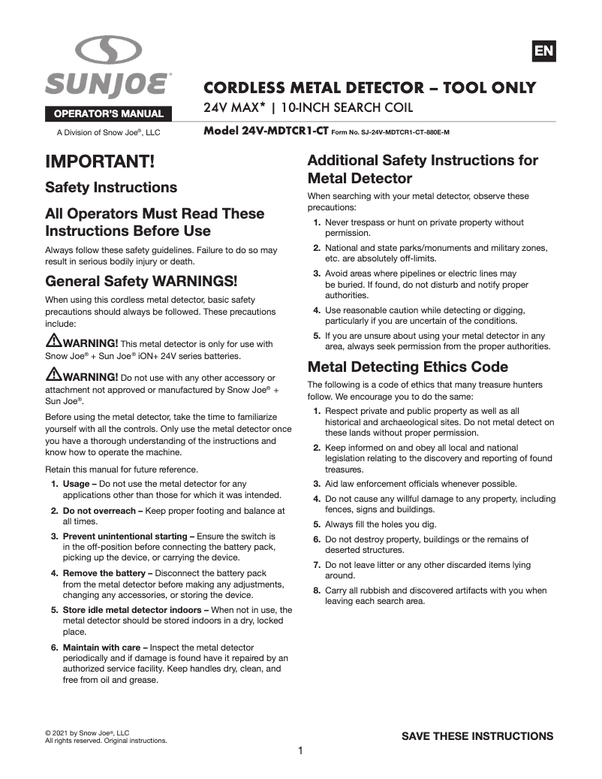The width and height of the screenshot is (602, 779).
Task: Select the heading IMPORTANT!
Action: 100,162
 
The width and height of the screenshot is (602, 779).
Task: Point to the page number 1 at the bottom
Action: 299,750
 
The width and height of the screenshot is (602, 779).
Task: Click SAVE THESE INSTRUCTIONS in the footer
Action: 477,736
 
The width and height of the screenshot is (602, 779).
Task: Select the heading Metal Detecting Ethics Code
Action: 408,367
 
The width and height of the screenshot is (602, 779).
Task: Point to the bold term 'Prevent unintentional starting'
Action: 125,536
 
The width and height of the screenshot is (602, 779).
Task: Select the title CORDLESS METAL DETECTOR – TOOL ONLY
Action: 370,89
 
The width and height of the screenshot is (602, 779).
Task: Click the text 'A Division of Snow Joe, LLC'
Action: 109,133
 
